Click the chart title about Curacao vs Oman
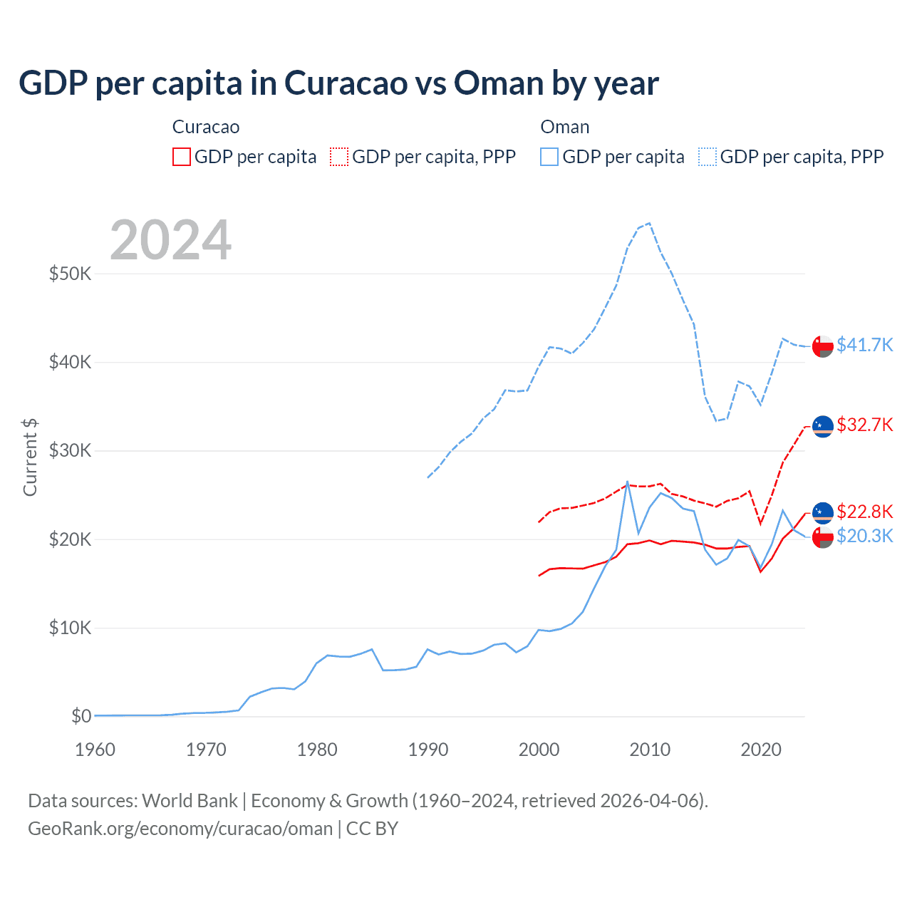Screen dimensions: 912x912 338,83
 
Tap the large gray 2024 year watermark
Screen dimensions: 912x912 170,240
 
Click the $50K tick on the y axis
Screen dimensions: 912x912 70,274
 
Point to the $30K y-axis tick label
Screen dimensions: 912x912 70,450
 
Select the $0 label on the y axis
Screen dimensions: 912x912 81,716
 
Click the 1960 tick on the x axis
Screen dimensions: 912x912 95,750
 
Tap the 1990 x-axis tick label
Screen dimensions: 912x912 428,750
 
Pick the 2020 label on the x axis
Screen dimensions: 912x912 761,750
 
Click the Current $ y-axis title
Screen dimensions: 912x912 30,457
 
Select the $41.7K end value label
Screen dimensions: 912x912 864,345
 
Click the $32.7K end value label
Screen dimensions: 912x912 864,425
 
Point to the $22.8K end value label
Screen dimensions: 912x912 864,512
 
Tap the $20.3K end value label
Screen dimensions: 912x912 864,536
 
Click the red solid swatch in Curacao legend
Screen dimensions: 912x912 182,157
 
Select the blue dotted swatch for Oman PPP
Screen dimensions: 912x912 708,157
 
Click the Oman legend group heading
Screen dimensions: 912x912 564,127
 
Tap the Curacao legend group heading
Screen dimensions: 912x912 206,127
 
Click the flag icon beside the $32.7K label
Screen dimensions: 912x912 823,426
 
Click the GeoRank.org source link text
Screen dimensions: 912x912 180,829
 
